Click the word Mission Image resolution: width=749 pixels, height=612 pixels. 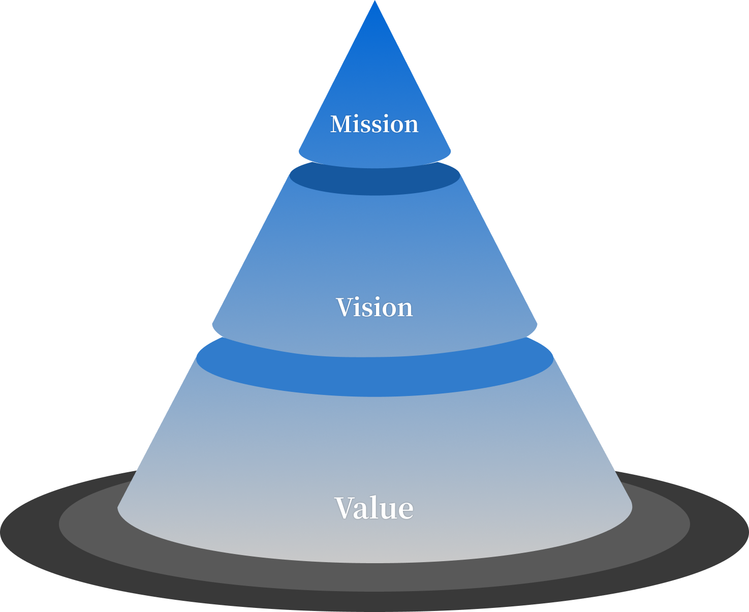click(374, 124)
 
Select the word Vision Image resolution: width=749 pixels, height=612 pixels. click(374, 308)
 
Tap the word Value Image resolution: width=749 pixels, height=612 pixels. click(374, 508)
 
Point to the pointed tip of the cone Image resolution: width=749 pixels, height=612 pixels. click(374, 3)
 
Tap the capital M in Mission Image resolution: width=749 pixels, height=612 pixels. click(340, 124)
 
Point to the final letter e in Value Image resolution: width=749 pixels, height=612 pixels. click(405, 509)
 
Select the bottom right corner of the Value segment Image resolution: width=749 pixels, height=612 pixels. click(631, 507)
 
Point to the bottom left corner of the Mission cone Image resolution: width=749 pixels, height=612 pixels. click(300, 150)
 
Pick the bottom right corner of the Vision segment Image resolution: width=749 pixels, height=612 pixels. click(536, 324)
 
